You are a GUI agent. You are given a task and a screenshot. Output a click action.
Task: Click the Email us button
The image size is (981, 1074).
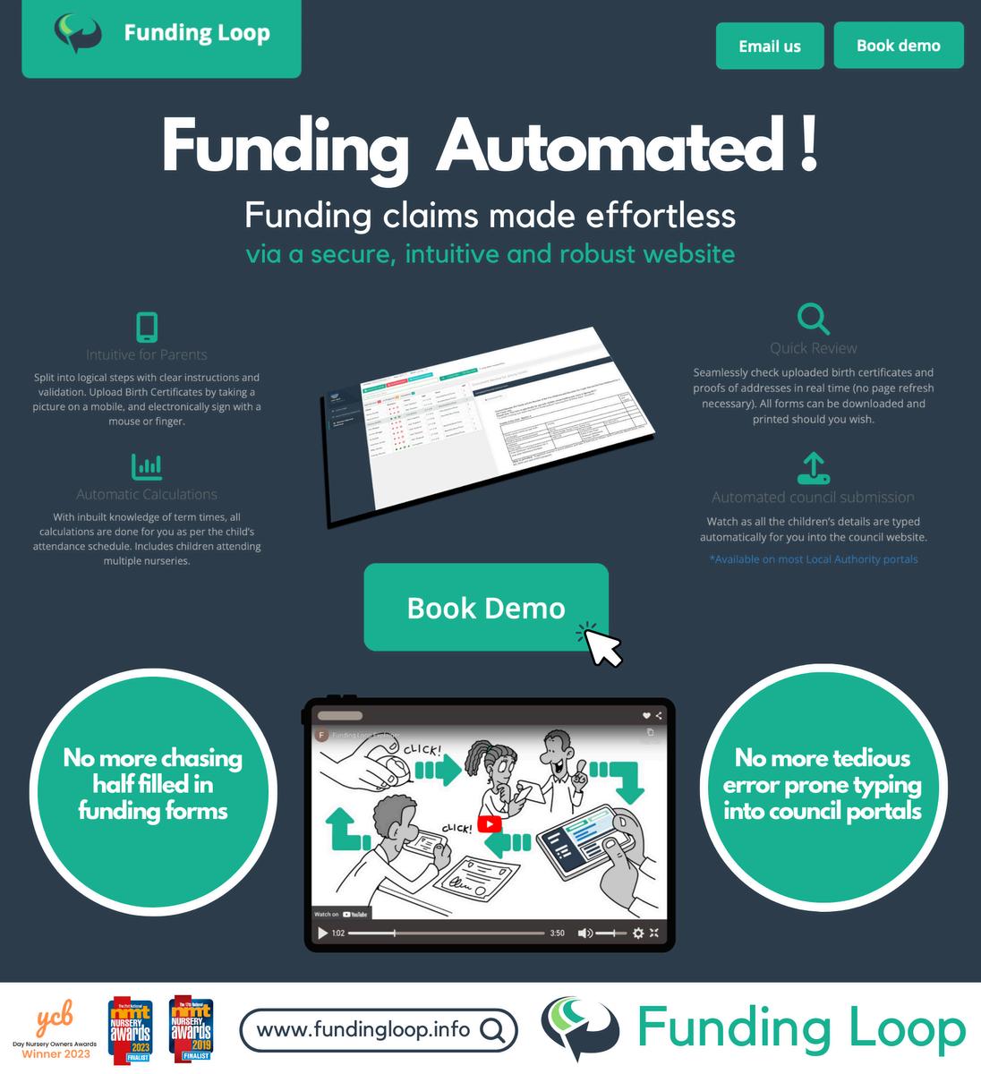(769, 47)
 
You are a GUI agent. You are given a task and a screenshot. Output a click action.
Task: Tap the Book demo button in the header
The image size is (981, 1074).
(898, 46)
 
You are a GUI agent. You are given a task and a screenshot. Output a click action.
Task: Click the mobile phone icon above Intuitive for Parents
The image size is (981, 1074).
(147, 327)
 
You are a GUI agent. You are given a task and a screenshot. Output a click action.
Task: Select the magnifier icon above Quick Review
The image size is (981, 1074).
(813, 319)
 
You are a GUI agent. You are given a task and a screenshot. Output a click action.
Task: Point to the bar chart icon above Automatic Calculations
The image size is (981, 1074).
(147, 466)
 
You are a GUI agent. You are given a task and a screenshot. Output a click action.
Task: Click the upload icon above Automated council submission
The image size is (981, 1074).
(813, 468)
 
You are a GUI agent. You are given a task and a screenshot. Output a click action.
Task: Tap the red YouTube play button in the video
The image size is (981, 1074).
(490, 824)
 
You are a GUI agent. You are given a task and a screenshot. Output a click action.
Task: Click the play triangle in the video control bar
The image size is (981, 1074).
(322, 933)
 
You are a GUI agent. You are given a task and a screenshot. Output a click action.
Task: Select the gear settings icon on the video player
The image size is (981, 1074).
(637, 933)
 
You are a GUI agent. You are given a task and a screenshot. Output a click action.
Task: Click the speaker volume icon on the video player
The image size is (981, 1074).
(584, 933)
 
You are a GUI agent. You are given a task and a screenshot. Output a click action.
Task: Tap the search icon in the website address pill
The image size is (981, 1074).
(491, 1030)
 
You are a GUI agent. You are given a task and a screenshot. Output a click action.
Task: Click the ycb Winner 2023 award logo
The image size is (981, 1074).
(55, 1029)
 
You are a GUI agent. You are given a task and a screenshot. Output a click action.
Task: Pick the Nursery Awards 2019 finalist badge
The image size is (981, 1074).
(192, 1028)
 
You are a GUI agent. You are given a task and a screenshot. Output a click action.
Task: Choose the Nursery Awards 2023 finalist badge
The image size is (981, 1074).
(131, 1030)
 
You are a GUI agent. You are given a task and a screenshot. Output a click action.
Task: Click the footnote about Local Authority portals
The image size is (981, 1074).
(813, 559)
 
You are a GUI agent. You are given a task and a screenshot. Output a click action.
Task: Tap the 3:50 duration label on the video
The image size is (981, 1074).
(557, 933)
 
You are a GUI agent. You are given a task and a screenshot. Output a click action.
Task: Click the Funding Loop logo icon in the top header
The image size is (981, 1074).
(79, 33)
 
